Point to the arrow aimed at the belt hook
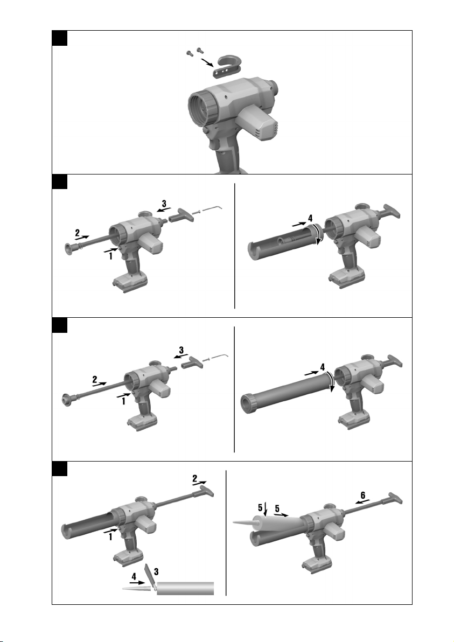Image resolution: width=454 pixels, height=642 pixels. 207,62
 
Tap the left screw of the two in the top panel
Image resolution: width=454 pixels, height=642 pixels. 190,53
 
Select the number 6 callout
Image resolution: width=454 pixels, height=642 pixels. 362,496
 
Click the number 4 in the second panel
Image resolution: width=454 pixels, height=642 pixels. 310,218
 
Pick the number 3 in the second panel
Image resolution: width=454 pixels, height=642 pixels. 164,203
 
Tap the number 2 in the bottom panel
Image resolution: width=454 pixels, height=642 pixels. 195,478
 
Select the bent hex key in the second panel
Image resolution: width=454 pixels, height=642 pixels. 213,208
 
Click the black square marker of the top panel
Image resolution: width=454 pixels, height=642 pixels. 60,38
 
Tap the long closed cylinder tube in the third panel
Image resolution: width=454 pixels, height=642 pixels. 287,394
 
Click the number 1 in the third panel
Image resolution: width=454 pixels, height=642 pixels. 123,401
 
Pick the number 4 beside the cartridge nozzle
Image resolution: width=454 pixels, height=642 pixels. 134,576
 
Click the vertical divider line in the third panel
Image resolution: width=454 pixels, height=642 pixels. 234,389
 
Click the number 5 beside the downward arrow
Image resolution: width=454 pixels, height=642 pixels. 260,508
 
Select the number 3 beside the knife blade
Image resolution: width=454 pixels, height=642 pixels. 156,571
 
